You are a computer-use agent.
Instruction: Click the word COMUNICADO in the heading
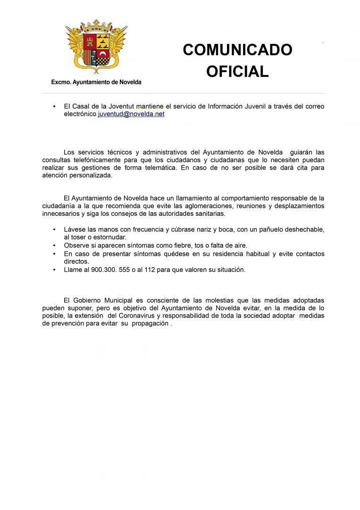tap(237, 50)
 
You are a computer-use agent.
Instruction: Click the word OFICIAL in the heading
tap(237, 71)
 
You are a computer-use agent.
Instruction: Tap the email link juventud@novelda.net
tap(131, 114)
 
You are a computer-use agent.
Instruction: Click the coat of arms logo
tap(96, 47)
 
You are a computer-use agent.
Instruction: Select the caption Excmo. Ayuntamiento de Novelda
tap(96, 82)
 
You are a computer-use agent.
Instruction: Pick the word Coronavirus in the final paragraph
tap(138, 315)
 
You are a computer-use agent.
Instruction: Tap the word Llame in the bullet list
tap(73, 270)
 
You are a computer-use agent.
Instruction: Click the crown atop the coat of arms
tap(96, 23)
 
